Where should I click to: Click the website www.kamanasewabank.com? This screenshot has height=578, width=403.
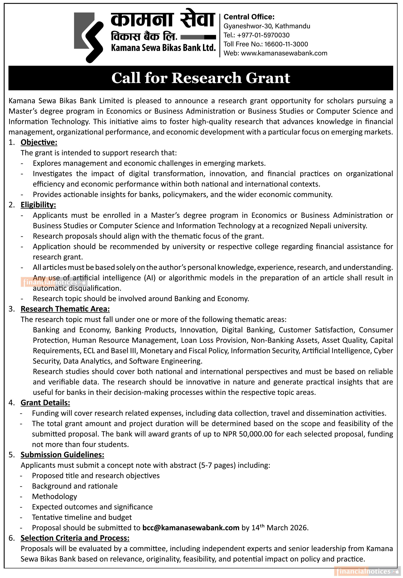click(284, 53)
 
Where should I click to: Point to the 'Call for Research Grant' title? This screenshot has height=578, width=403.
click(201, 78)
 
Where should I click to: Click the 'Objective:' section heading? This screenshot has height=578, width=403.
click(39, 142)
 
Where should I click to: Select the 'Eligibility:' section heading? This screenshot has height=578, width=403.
click(38, 205)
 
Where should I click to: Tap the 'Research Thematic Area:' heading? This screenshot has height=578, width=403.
click(65, 309)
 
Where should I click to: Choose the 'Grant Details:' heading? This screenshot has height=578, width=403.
click(45, 403)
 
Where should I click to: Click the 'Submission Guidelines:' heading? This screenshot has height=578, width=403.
click(62, 455)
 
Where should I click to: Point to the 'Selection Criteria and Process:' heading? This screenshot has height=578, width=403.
click(75, 538)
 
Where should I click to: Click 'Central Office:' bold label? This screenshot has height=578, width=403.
click(249, 17)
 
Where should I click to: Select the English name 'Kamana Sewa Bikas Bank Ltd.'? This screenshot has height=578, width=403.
click(163, 47)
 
